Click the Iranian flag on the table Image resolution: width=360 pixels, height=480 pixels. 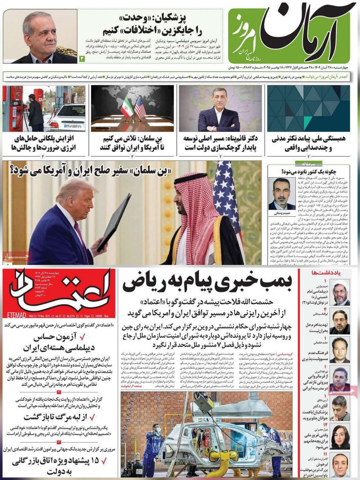pos(127,108)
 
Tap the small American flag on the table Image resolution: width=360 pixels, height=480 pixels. pos(140,108)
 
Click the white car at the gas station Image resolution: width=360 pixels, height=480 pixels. pos(66,116)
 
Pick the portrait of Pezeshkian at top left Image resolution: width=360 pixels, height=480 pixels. pos(40,37)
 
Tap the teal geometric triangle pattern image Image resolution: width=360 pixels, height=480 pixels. pos(308,108)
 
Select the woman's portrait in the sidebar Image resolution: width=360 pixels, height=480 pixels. pos(340,438)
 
